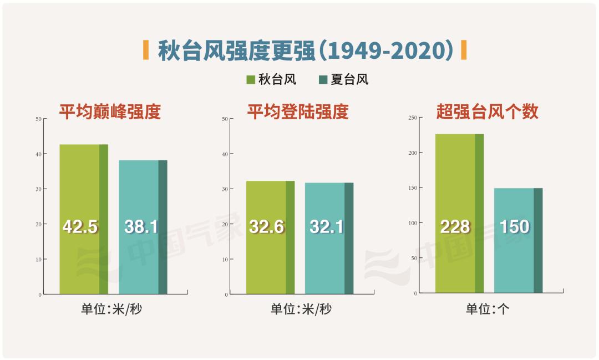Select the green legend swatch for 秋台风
[251, 80]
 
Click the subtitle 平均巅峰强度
[110, 112]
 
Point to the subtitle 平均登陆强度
[298, 112]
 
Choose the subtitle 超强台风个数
[488, 112]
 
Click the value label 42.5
[80, 226]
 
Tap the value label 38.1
[141, 226]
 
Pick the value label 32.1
[327, 226]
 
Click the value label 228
[455, 226]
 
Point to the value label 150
[514, 226]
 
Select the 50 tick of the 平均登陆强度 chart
[224, 119]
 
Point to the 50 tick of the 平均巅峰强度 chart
[38, 119]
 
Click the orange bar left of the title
[146, 50]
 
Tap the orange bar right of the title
[464, 50]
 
